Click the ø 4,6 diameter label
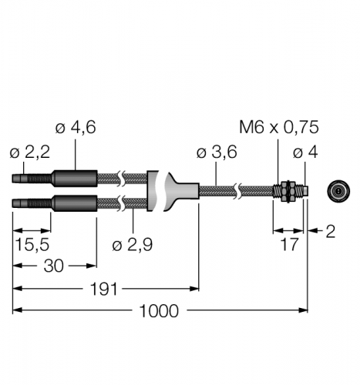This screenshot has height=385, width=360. pyautogui.click(x=76, y=127)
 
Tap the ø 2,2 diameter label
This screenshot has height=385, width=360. pyautogui.click(x=30, y=152)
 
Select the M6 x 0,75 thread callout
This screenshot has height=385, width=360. pyautogui.click(x=279, y=127)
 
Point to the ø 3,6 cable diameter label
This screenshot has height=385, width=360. pyautogui.click(x=217, y=152)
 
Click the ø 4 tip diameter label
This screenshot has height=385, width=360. pyautogui.click(x=305, y=152)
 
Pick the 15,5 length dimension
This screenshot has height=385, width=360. pyautogui.click(x=32, y=244)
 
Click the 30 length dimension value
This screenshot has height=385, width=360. pyautogui.click(x=53, y=266)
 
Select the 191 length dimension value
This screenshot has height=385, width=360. pyautogui.click(x=103, y=289)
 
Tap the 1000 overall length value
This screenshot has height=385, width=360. pyautogui.click(x=159, y=311)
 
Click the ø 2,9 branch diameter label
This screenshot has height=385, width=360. pyautogui.click(x=133, y=244)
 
